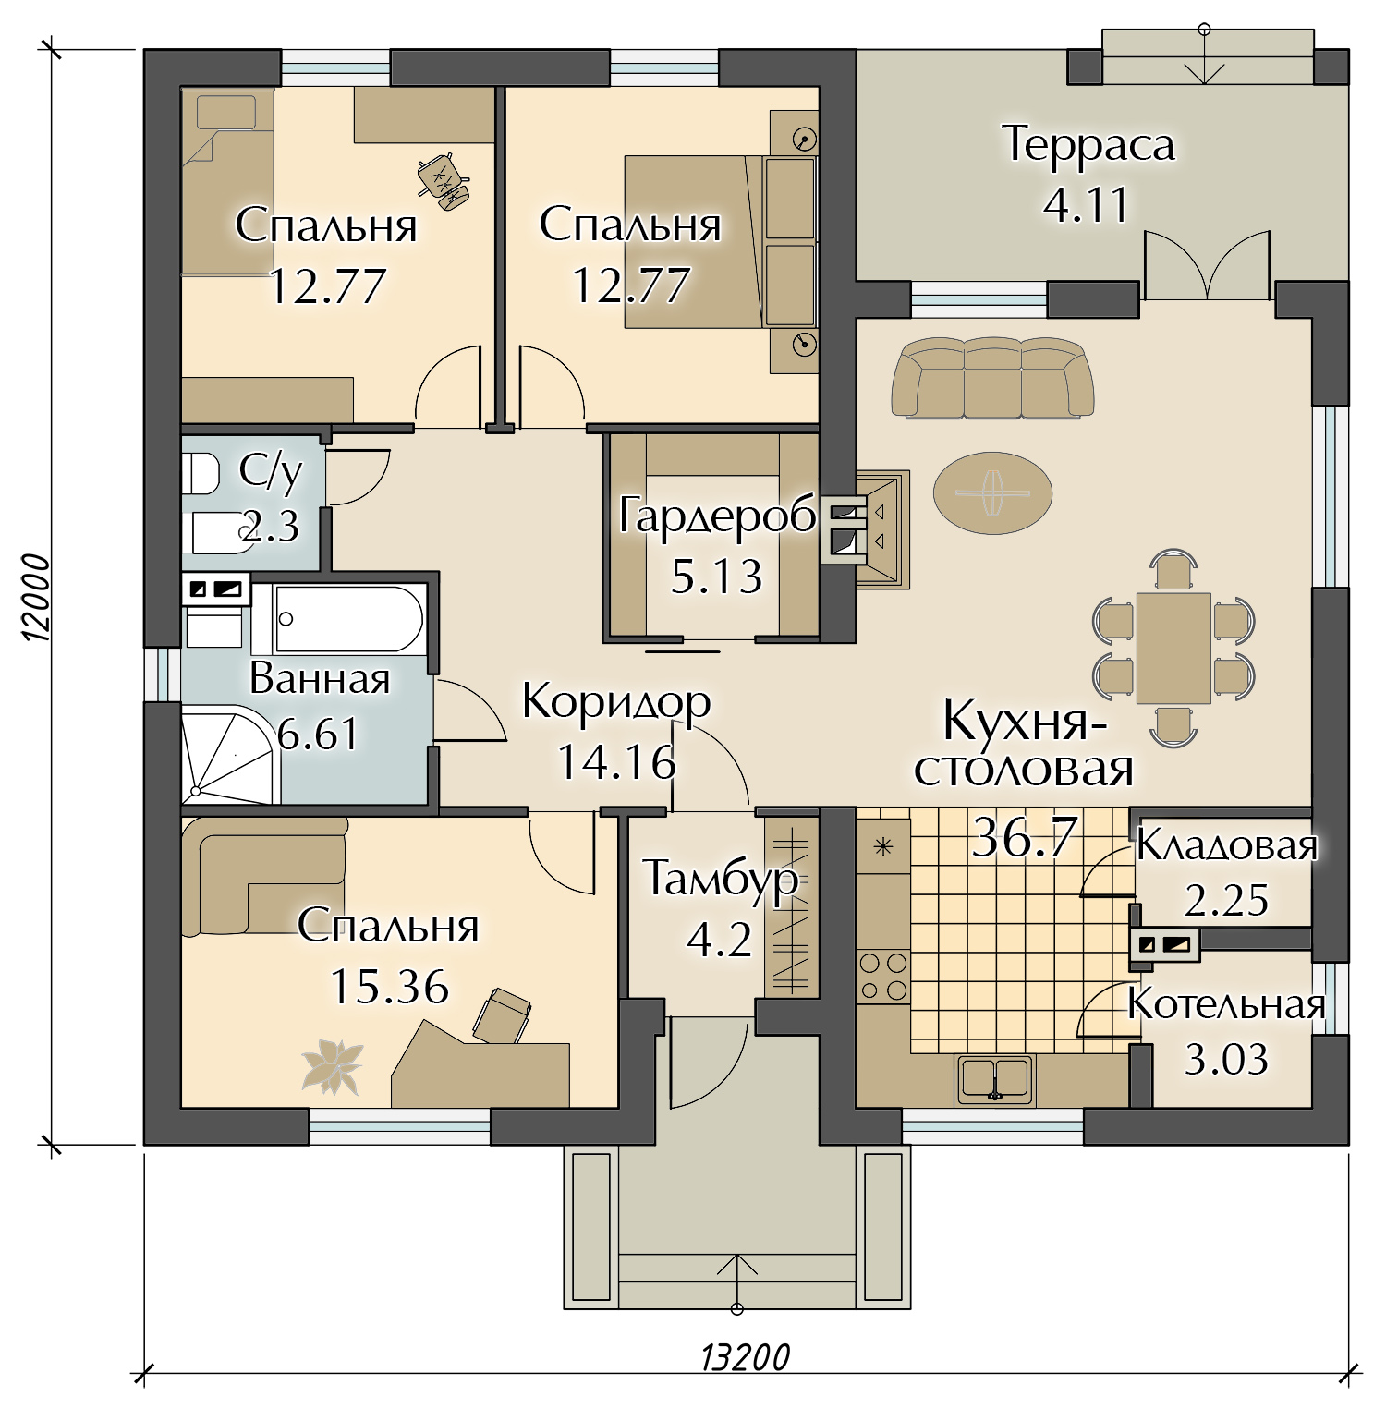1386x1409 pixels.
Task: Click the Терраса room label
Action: (1088, 144)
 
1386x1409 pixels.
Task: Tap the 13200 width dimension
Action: (746, 1358)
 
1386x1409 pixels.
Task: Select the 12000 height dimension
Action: (35, 598)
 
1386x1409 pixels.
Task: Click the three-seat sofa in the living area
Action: (992, 377)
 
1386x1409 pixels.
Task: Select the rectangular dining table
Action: (1173, 648)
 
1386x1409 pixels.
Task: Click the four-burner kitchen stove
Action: (883, 978)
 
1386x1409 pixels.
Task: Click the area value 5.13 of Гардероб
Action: (716, 577)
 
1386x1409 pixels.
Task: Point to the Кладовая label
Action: (1226, 844)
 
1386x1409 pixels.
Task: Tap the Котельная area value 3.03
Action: (1226, 1060)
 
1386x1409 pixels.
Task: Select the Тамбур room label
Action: (720, 878)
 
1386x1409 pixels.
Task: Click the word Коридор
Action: (616, 702)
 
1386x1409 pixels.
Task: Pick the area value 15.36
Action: (389, 987)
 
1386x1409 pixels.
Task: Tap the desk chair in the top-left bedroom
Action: (443, 177)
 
